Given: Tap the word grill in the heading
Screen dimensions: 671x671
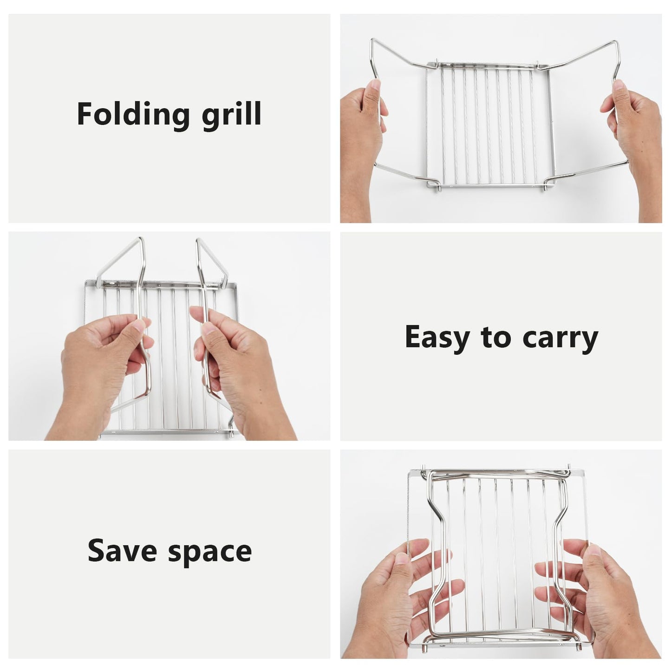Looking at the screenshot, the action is (232, 115).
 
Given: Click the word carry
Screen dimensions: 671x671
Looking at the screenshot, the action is (560, 339).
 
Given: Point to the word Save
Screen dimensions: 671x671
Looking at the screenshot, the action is (122, 551).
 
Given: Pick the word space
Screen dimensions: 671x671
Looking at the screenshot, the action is (210, 554).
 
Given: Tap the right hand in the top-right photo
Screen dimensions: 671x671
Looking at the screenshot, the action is (632, 150).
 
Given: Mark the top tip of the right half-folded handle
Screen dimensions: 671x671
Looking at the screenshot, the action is (198, 240).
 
